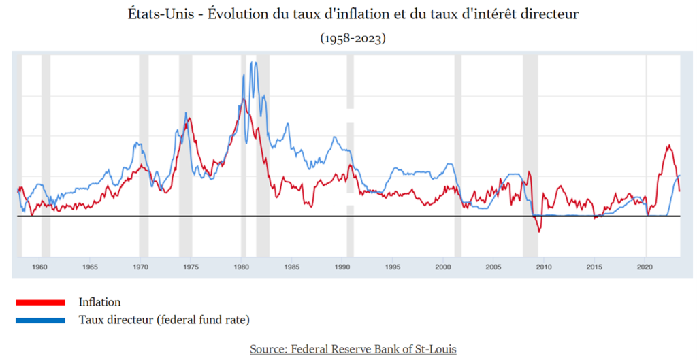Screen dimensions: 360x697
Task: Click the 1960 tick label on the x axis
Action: coord(39,267)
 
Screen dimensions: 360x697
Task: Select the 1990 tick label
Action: coord(344,267)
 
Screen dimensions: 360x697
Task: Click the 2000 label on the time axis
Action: coord(444,267)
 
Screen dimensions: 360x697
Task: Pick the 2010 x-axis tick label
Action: coord(544,267)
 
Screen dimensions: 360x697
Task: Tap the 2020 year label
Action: coord(645,267)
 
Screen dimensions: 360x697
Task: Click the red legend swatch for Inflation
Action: coord(38,301)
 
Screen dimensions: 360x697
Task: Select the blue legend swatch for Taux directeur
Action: coord(38,319)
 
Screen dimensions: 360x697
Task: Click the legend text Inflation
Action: coord(99,301)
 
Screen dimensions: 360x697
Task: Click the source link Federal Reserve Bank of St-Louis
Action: coord(353,349)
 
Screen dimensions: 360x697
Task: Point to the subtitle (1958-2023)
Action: coord(353,39)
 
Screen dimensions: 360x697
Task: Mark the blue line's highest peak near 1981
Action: coord(253,62)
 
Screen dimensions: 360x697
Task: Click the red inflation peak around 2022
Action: coord(669,145)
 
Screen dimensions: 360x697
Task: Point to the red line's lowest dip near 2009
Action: coord(539,232)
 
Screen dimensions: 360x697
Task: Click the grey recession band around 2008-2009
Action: coord(530,157)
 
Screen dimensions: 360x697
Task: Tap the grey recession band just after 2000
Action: coord(458,157)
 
